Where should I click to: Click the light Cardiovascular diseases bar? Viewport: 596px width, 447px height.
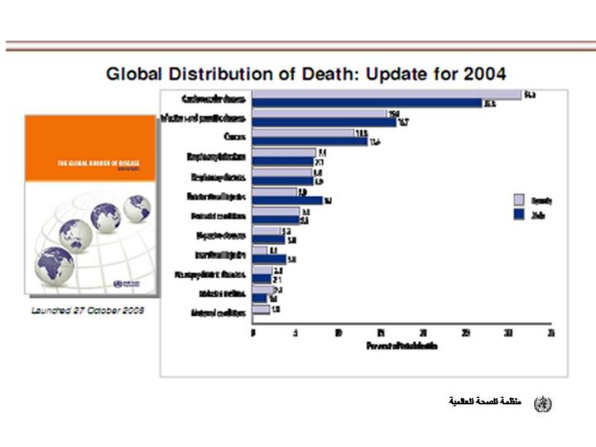[387, 94]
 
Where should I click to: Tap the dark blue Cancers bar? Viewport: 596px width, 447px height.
[310, 141]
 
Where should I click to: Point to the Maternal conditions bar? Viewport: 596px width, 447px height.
[262, 310]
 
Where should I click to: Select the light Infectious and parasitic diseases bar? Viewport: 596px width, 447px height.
[320, 113]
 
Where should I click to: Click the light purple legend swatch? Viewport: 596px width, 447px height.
[519, 199]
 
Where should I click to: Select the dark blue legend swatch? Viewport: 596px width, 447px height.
[519, 215]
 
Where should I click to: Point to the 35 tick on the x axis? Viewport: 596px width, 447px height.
[550, 333]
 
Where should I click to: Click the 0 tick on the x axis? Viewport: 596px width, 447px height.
[252, 333]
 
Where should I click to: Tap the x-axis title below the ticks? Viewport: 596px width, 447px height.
[401, 345]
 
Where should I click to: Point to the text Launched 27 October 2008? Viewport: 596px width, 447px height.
[88, 310]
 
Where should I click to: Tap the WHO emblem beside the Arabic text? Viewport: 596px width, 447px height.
[542, 403]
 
